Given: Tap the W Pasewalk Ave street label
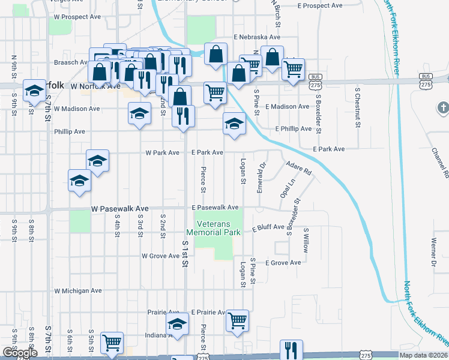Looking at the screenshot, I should [x=119, y=209].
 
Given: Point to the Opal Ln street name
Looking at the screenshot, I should [x=288, y=189].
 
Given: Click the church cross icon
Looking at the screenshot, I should [x=443, y=109].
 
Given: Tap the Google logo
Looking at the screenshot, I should [x=20, y=353].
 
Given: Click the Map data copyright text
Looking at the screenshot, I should [x=423, y=355].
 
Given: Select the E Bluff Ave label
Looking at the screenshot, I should [x=268, y=228].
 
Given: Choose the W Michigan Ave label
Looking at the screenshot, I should [x=78, y=290].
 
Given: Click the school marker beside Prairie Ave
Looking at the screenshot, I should [x=177, y=324].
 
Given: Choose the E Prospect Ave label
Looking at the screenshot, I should [x=320, y=5].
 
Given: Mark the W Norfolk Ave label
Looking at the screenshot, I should [x=95, y=86].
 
